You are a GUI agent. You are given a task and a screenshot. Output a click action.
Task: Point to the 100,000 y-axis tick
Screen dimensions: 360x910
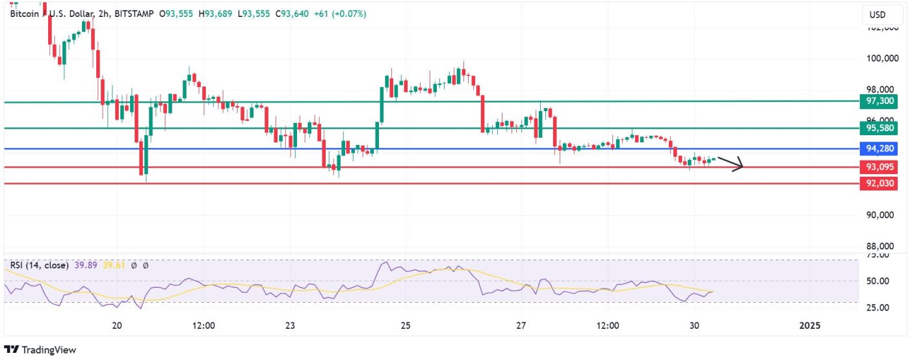click(881, 58)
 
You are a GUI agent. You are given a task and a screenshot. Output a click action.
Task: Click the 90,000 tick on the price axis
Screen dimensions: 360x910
click(881, 215)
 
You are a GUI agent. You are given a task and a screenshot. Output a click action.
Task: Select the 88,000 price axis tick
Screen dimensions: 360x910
click(881, 246)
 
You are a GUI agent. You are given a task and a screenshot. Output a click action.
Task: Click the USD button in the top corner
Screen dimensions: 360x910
click(877, 15)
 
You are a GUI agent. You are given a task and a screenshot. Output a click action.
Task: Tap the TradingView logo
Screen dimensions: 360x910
click(40, 350)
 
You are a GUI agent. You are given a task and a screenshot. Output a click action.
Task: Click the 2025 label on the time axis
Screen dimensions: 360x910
click(809, 325)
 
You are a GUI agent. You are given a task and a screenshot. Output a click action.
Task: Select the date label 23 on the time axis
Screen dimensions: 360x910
click(290, 325)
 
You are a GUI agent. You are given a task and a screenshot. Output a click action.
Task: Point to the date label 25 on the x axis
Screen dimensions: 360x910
click(405, 325)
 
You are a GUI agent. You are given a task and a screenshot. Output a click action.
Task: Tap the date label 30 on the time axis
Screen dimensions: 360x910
click(694, 325)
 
